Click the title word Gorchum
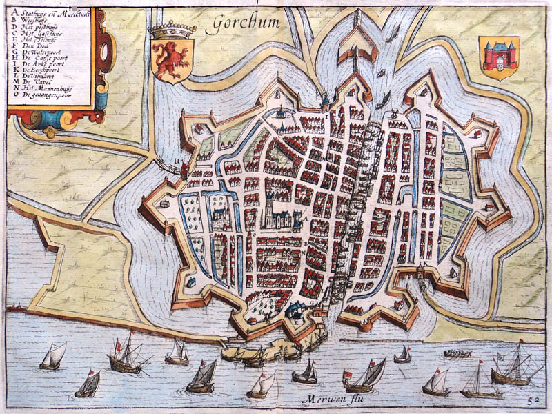246,23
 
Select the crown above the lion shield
172,31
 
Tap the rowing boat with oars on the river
457,353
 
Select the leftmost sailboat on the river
53,357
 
